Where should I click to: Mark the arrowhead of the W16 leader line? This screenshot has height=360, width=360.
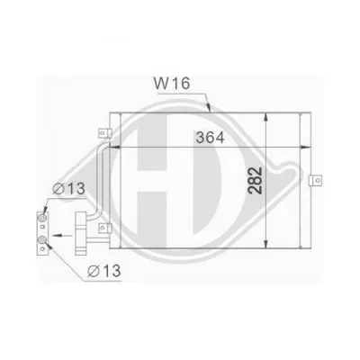point(208,110)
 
